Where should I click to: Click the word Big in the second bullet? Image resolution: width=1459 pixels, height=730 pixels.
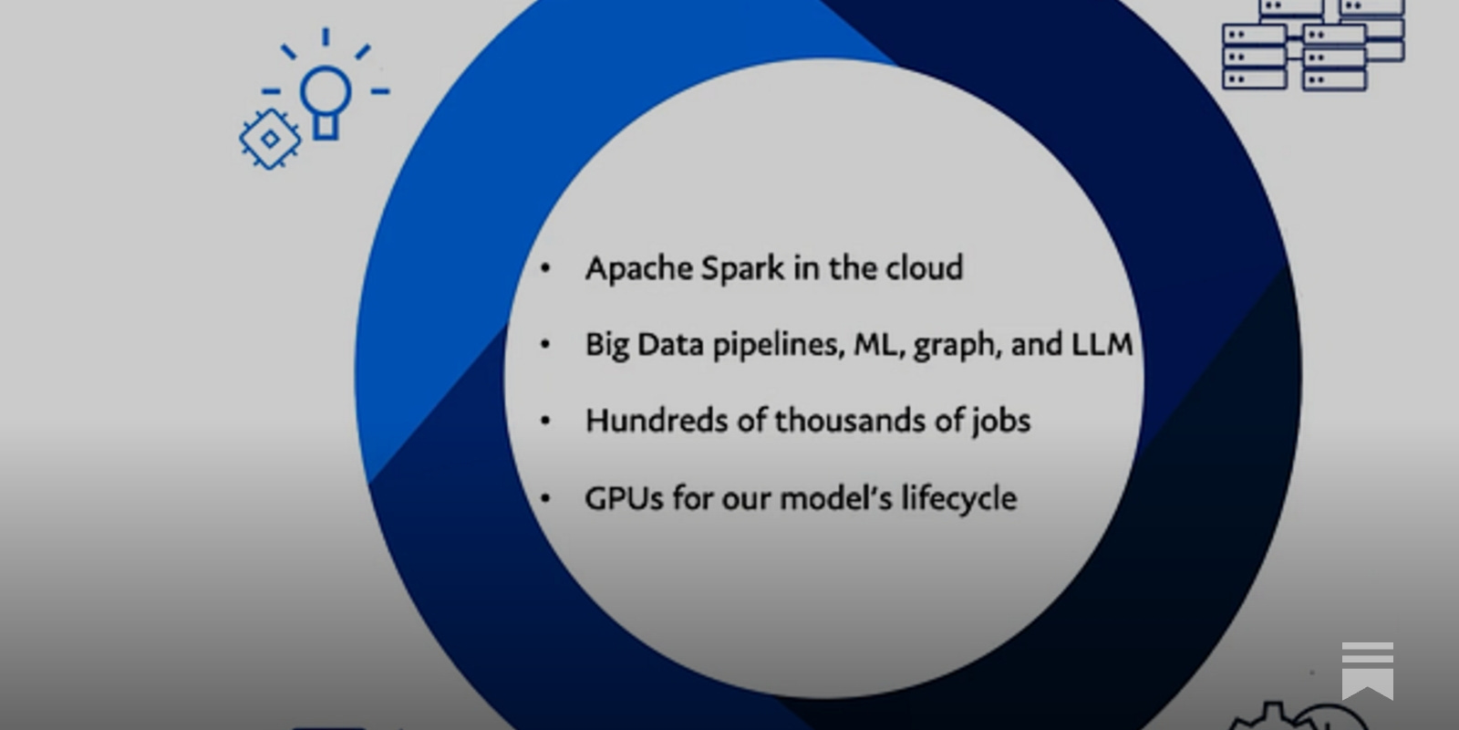(x=606, y=345)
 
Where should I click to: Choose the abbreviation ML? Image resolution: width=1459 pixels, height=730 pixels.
(x=875, y=345)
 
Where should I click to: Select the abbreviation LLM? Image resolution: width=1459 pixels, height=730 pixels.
(x=1102, y=345)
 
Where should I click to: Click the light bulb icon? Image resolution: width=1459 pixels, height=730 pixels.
(x=326, y=96)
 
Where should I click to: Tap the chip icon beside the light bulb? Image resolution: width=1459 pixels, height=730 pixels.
(x=270, y=139)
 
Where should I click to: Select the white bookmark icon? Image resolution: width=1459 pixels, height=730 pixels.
(x=1367, y=669)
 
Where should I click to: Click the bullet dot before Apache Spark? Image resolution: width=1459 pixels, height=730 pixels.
(x=545, y=268)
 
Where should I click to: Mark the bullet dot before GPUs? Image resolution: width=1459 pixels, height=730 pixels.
(x=545, y=498)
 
